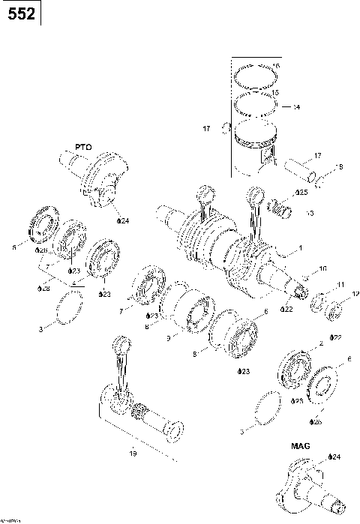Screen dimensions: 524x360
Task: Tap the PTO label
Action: tap(82, 148)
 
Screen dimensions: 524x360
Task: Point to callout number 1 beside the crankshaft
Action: tap(300, 248)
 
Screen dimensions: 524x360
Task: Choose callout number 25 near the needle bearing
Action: tap(301, 193)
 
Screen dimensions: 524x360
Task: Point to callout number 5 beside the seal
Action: tap(13, 245)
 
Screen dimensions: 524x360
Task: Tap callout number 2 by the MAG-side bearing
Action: tap(320, 343)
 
